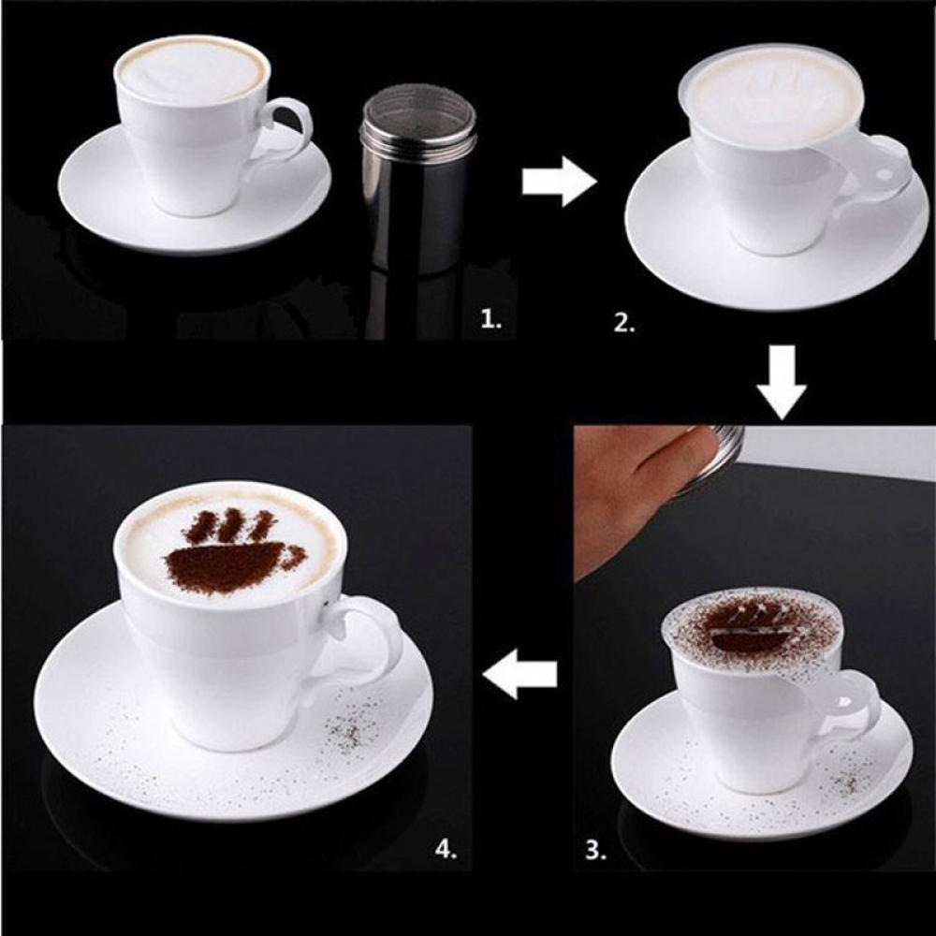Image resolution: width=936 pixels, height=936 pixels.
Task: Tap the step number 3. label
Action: (595, 850)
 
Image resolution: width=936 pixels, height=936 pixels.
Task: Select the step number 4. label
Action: (446, 849)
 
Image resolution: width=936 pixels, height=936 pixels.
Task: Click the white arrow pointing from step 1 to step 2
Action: (558, 182)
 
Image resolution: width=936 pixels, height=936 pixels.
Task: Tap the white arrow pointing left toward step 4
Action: (521, 677)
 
